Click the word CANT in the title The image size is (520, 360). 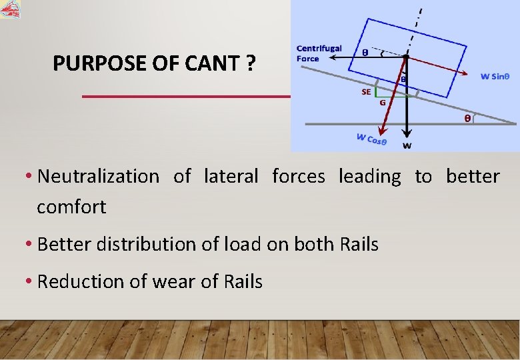pyautogui.click(x=213, y=64)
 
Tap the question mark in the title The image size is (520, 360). pyautogui.click(x=251, y=64)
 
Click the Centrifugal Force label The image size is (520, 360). pyautogui.click(x=319, y=53)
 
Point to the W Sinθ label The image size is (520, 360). pyautogui.click(x=495, y=76)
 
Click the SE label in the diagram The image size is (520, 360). pyautogui.click(x=366, y=93)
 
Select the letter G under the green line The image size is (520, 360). pyautogui.click(x=383, y=103)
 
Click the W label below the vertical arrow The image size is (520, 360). pyautogui.click(x=407, y=146)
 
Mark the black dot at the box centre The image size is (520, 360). pyautogui.click(x=406, y=58)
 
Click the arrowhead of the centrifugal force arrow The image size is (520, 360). pyautogui.click(x=329, y=59)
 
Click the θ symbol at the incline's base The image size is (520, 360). pyautogui.click(x=468, y=119)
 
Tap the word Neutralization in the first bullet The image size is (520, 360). pyautogui.click(x=99, y=177)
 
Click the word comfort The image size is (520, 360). pyautogui.click(x=71, y=207)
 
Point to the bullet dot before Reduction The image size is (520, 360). pyautogui.click(x=30, y=282)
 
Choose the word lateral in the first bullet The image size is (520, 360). pyautogui.click(x=231, y=177)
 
